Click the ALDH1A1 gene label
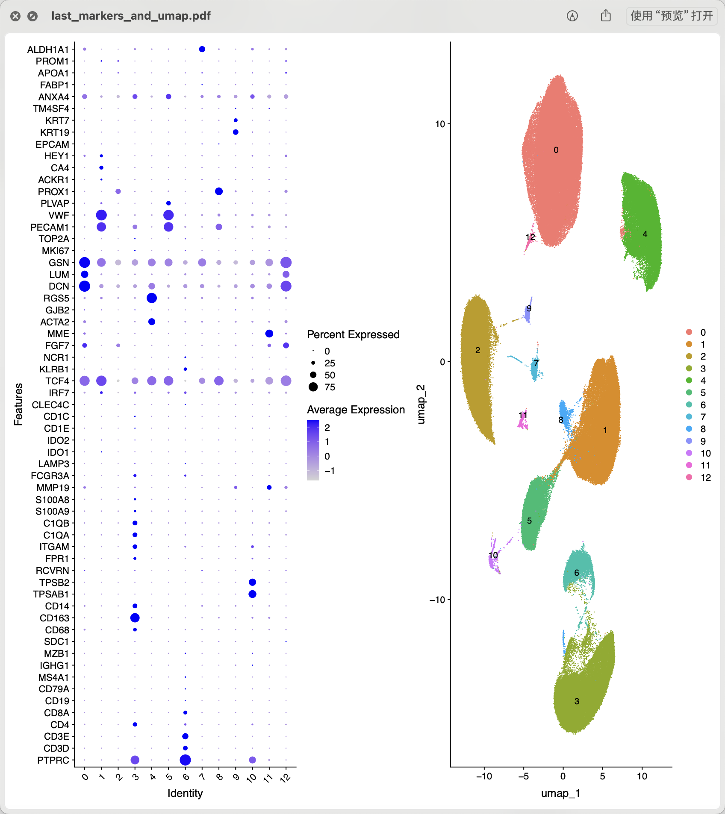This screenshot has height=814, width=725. coord(48,50)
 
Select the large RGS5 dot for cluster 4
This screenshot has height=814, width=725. coord(152,298)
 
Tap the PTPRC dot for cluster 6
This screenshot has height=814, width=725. coord(185,760)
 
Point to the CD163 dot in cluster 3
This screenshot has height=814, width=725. coord(135,618)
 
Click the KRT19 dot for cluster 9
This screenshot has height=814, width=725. coord(236,132)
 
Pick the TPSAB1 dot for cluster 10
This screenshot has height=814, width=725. coord(252,594)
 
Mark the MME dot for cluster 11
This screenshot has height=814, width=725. coord(269,334)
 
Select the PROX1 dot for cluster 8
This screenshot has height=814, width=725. coord(219,191)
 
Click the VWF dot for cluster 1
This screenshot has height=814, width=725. coord(101,215)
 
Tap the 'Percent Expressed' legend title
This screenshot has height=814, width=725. coord(353,334)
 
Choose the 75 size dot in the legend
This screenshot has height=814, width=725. coord(313,387)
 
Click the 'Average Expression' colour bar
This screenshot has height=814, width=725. coord(313,450)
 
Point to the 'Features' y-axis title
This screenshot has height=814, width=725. coord(18,404)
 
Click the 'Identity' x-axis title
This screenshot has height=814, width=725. coord(185,793)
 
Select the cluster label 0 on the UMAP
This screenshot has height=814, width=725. coord(556,150)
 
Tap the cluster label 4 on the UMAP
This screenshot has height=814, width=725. coord(645,234)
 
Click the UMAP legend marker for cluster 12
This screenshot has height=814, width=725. coord(689,477)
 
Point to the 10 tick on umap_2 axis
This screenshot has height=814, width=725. coord(440,124)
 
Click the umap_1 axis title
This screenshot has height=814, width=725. coord(560,793)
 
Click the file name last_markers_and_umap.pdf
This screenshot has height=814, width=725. coord(131,16)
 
